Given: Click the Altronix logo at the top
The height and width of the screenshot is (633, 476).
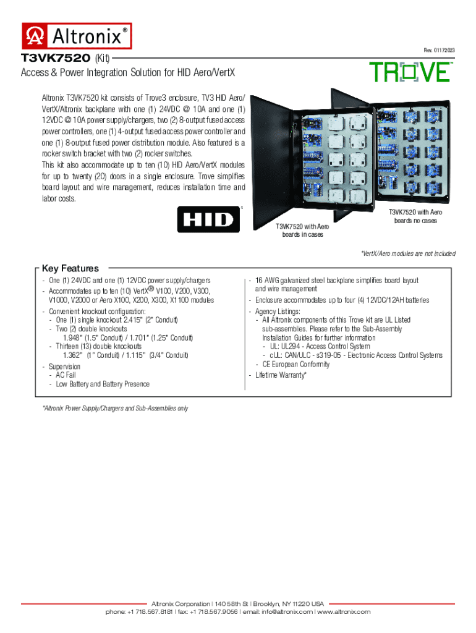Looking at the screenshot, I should pyautogui.click(x=77, y=36).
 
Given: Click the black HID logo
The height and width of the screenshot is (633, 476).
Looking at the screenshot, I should pyautogui.click(x=208, y=219).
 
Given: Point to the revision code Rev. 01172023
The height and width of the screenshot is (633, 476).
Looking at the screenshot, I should pyautogui.click(x=439, y=49).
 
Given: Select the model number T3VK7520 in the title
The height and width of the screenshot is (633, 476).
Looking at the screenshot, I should pyautogui.click(x=56, y=58).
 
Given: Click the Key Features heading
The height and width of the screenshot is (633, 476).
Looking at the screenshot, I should pyautogui.click(x=70, y=268).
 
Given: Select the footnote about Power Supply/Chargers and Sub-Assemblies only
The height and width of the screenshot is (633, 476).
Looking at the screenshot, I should pyautogui.click(x=115, y=409).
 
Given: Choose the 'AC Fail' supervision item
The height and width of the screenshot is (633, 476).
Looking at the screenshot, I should pyautogui.click(x=66, y=375).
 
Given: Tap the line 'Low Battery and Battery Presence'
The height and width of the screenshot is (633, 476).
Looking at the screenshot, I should pyautogui.click(x=103, y=384).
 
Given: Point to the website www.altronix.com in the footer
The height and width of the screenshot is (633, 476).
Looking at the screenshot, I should pyautogui.click(x=344, y=611).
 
